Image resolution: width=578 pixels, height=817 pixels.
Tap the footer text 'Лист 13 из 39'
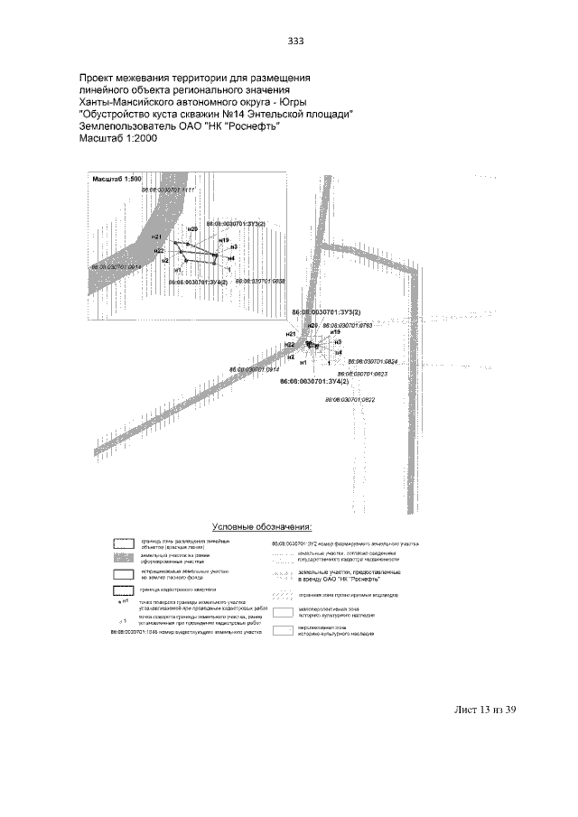(x=485, y=710)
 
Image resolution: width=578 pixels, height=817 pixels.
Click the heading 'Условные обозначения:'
(x=262, y=525)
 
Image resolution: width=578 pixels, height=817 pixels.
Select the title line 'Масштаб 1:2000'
(x=118, y=139)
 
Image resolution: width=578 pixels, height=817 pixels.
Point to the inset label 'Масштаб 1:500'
(x=118, y=180)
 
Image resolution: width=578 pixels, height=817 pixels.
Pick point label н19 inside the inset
(x=224, y=240)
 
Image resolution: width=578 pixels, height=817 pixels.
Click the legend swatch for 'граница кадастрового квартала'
(x=125, y=591)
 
